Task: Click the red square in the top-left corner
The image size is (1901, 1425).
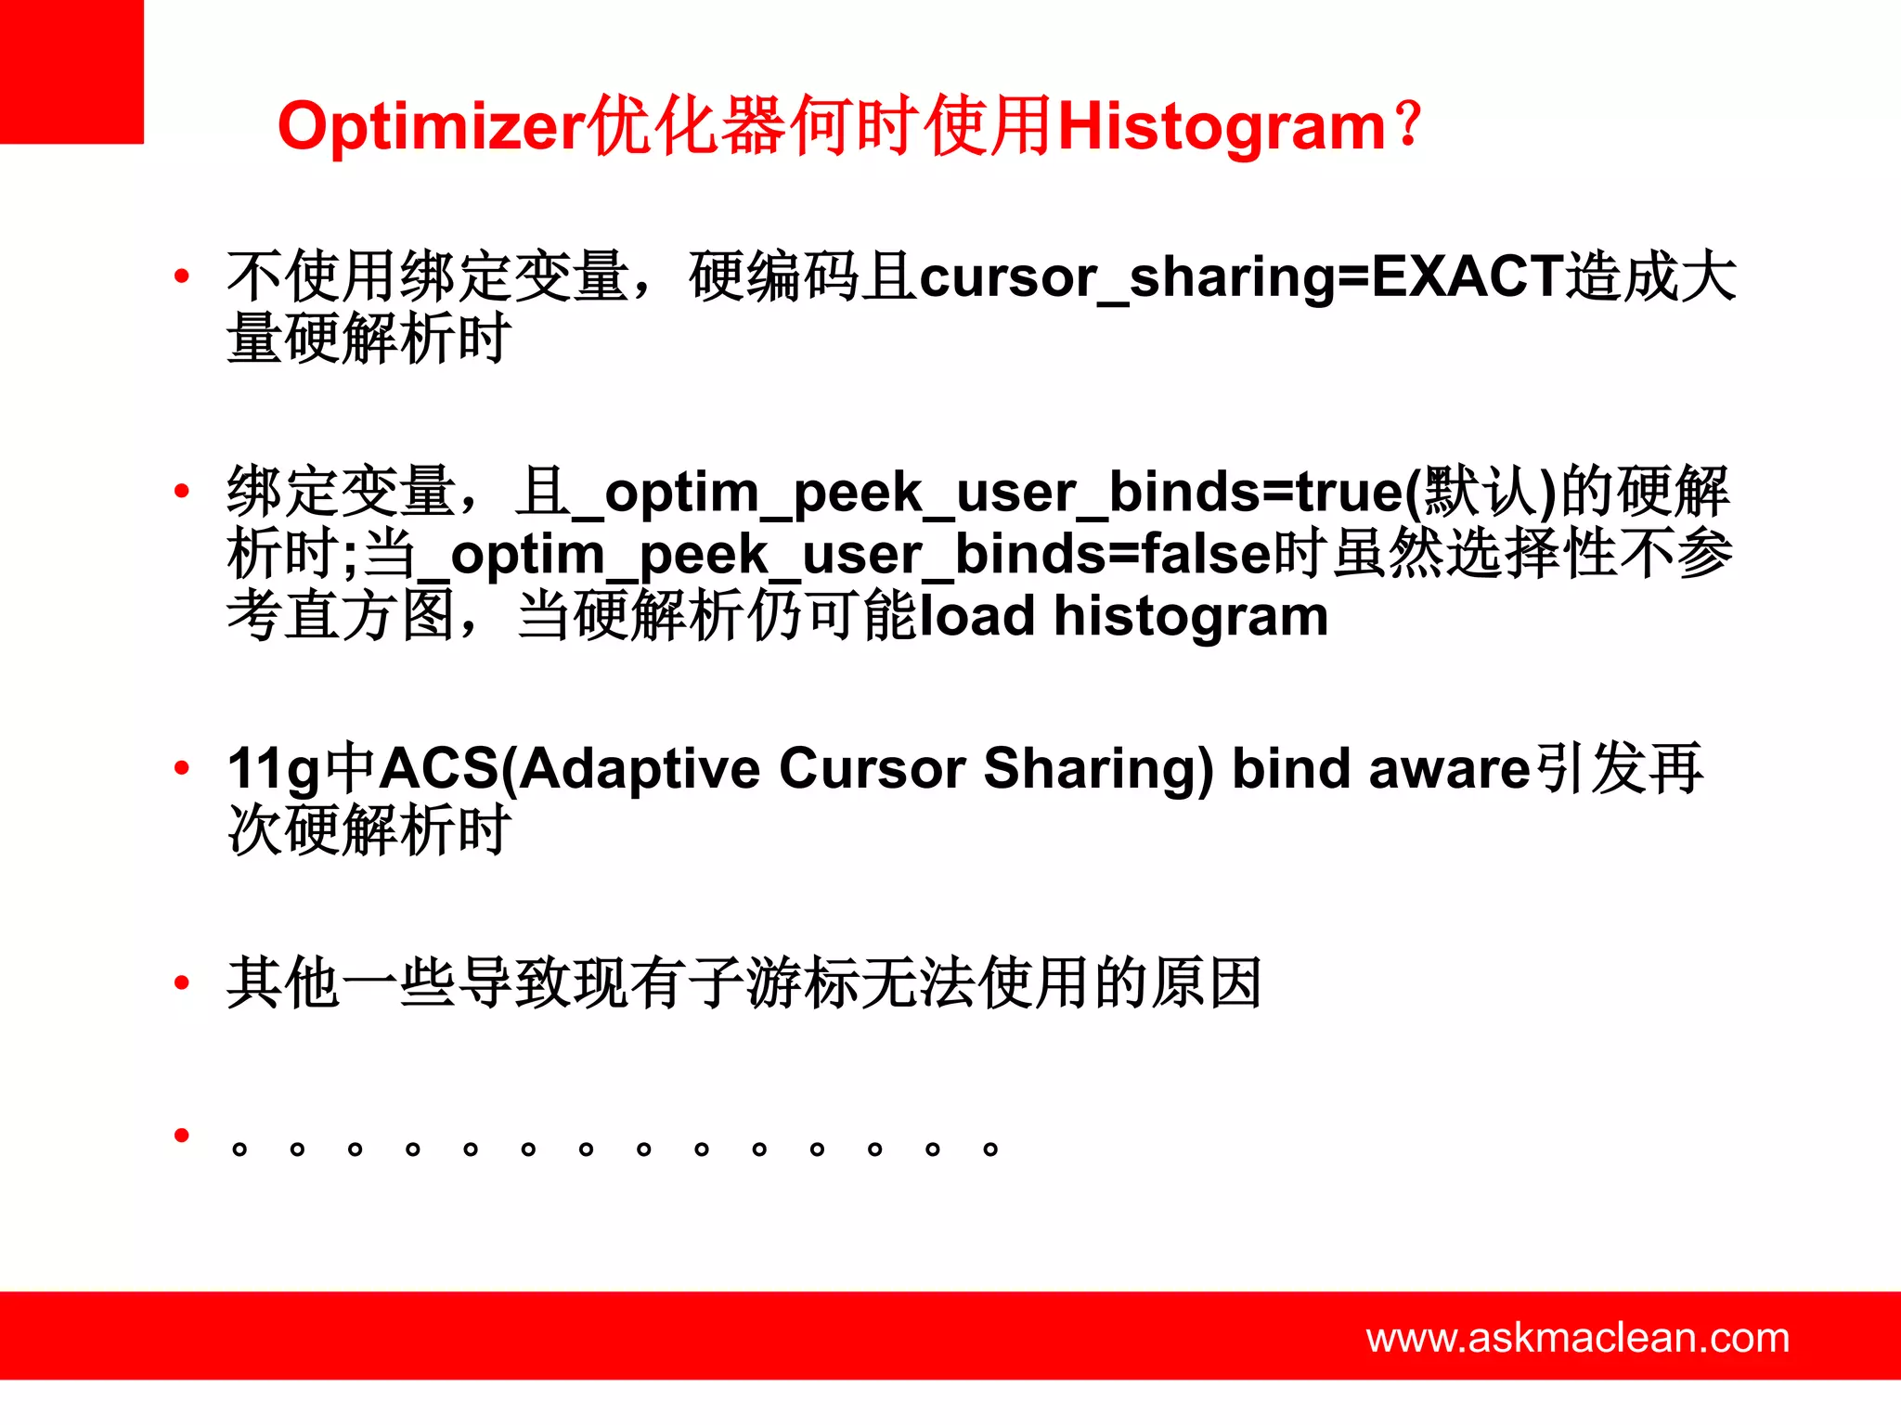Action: point(71,71)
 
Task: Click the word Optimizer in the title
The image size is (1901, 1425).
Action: point(433,128)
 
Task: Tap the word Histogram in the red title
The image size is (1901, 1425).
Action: point(1222,126)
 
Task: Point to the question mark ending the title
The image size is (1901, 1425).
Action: point(1409,124)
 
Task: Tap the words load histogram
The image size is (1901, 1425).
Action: point(1123,616)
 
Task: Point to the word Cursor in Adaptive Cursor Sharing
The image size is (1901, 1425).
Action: point(872,769)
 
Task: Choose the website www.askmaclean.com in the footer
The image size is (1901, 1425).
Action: point(1577,1338)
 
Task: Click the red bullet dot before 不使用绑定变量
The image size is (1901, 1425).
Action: point(182,276)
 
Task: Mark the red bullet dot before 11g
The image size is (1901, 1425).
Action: point(182,767)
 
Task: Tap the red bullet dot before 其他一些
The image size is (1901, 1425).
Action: point(182,982)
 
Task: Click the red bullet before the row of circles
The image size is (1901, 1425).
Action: point(182,1135)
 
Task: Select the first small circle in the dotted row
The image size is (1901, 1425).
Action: point(239,1150)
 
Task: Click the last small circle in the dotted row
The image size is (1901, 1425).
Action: point(990,1150)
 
